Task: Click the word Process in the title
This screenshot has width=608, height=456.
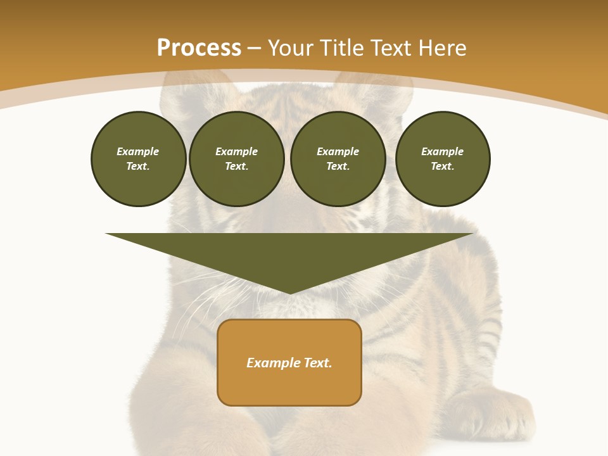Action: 199,48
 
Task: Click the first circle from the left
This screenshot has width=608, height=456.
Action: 138,159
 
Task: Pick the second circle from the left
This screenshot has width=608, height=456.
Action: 236,159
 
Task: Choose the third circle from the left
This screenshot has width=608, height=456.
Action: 338,159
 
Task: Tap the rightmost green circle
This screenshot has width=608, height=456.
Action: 442,159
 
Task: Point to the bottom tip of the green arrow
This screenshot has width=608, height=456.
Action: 290,293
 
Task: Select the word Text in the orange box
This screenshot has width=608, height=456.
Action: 317,363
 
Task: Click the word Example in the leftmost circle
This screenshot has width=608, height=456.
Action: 138,151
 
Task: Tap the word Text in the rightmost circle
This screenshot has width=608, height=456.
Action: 442,167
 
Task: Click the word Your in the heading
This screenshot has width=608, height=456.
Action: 291,48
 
